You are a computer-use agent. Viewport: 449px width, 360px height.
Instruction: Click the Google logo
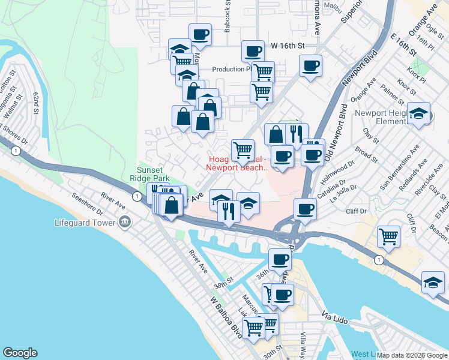[x=20, y=352]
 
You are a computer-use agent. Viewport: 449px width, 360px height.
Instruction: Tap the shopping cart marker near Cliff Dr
[x=389, y=236]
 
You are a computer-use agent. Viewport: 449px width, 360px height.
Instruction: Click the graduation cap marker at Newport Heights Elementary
[x=418, y=113]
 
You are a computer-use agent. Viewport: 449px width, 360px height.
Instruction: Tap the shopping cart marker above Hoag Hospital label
[x=243, y=149]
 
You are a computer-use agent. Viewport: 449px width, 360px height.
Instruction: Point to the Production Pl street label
[x=230, y=69]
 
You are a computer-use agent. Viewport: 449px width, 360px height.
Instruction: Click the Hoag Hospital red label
[x=238, y=164]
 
